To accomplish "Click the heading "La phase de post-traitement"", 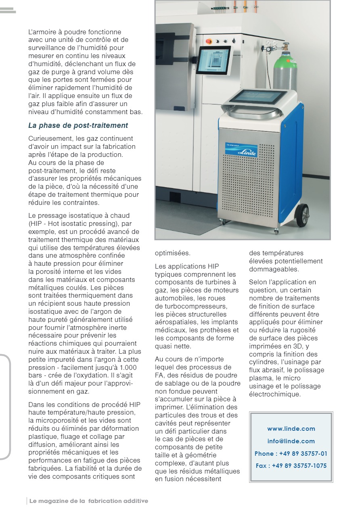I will point(78,125).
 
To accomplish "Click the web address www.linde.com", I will point(291,429).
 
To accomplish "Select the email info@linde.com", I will point(291,441).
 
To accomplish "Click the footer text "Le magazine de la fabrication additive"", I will point(88,501).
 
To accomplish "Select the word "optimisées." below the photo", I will point(172,253).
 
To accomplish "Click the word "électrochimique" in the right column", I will point(274,394).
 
